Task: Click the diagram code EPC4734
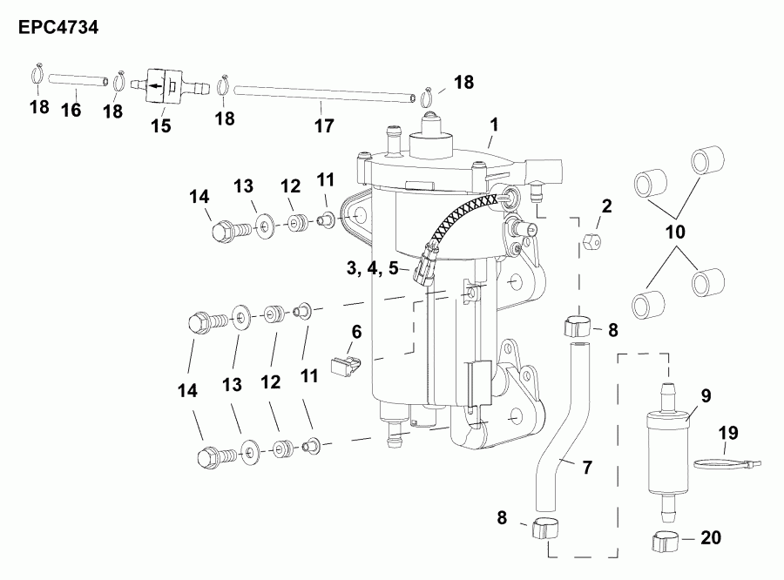tap(57, 27)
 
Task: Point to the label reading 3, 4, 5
tap(369, 268)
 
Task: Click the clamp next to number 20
tap(666, 542)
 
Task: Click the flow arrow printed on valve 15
tap(157, 86)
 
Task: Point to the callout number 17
tap(323, 127)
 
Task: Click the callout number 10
tap(676, 233)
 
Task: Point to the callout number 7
tap(586, 468)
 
